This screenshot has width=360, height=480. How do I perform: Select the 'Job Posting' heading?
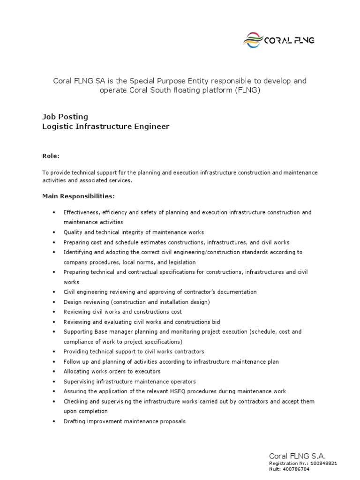click(65, 116)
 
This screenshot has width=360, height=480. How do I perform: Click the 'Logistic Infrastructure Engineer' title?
click(106, 127)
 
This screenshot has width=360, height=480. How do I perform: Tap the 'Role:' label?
click(51, 156)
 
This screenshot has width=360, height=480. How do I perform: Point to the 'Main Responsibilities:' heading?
click(78, 195)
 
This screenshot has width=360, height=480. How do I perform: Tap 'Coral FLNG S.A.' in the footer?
click(297, 456)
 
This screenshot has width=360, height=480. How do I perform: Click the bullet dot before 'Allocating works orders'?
click(55, 372)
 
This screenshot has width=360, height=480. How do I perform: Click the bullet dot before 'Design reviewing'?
click(55, 302)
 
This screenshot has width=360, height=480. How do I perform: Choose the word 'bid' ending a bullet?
click(216, 322)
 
